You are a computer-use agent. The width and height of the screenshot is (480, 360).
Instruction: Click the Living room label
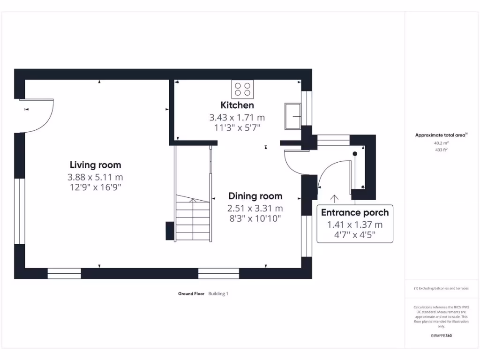pyautogui.click(x=95, y=165)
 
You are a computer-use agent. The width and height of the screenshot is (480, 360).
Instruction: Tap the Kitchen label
pyautogui.click(x=237, y=105)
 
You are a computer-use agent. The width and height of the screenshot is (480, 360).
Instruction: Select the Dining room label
pyautogui.click(x=255, y=196)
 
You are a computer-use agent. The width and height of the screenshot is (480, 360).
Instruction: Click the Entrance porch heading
pyautogui.click(x=355, y=212)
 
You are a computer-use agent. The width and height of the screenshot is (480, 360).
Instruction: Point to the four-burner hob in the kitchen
pyautogui.click(x=242, y=89)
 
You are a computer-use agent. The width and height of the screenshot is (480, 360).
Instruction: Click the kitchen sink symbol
pyautogui.click(x=292, y=116)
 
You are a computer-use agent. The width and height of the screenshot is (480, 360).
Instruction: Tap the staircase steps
pyautogui.click(x=192, y=220)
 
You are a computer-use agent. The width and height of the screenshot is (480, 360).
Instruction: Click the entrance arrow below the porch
pyautogui.click(x=334, y=199)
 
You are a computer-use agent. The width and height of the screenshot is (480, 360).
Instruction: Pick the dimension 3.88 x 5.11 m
pyautogui.click(x=95, y=177)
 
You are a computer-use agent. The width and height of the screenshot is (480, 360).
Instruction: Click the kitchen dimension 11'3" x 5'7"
pyautogui.click(x=237, y=127)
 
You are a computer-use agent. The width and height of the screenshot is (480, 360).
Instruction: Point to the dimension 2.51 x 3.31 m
pyautogui.click(x=255, y=208)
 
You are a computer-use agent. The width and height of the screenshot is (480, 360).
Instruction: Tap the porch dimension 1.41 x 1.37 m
pyautogui.click(x=355, y=225)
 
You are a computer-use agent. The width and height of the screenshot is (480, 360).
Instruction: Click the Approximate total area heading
pyautogui.click(x=441, y=135)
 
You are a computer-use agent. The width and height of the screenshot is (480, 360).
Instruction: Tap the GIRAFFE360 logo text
pyautogui.click(x=441, y=336)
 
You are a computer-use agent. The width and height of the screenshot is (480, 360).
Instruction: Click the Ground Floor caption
pyautogui.click(x=191, y=294)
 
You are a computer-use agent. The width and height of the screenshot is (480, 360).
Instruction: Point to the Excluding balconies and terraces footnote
pyautogui.click(x=441, y=288)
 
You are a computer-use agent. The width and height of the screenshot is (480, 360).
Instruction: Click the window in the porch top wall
pyautogui.click(x=333, y=139)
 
